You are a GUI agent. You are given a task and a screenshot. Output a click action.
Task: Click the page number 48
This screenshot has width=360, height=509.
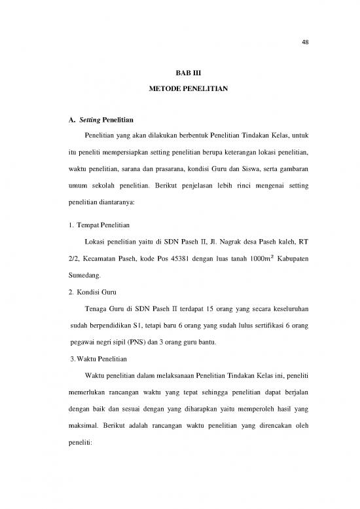click(306, 43)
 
